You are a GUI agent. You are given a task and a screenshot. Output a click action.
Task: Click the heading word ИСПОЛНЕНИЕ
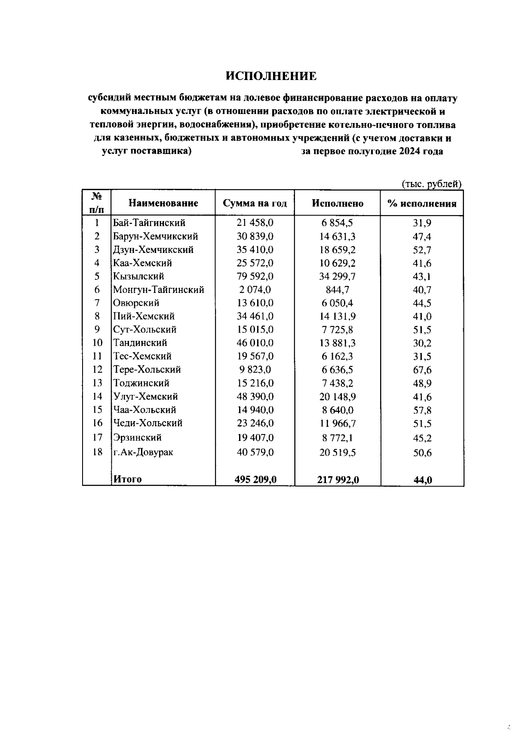[x=271, y=76]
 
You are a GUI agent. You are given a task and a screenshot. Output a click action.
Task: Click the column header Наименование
[x=163, y=203]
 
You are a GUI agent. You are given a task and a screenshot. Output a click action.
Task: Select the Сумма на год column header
[x=255, y=203]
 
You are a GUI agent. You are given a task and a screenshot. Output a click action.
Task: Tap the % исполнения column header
[x=421, y=203]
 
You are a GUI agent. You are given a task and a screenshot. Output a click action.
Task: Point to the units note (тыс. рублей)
[x=431, y=184]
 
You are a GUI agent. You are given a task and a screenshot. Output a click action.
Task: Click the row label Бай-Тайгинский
[x=149, y=223]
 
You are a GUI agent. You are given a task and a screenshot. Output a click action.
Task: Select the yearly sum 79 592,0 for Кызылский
[x=255, y=276]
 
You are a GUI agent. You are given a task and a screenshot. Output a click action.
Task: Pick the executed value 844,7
[x=337, y=290]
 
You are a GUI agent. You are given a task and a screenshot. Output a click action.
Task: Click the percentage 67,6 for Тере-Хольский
[x=422, y=370]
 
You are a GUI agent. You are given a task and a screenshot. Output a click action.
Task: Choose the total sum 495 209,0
[x=255, y=479]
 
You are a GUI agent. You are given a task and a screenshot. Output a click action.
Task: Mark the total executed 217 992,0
[x=338, y=480]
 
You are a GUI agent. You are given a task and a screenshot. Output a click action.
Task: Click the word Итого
[x=127, y=479]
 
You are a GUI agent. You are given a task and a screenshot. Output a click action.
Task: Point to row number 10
[x=98, y=343]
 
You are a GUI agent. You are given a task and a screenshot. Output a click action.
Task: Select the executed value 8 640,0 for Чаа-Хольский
[x=337, y=410]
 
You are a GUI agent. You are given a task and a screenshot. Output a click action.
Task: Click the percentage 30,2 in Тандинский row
[x=422, y=343]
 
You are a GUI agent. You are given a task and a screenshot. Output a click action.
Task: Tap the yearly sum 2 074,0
[x=255, y=290]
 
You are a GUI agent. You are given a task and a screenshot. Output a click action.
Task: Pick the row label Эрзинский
[x=137, y=437]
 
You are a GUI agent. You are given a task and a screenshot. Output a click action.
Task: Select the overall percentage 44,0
[x=422, y=480]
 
